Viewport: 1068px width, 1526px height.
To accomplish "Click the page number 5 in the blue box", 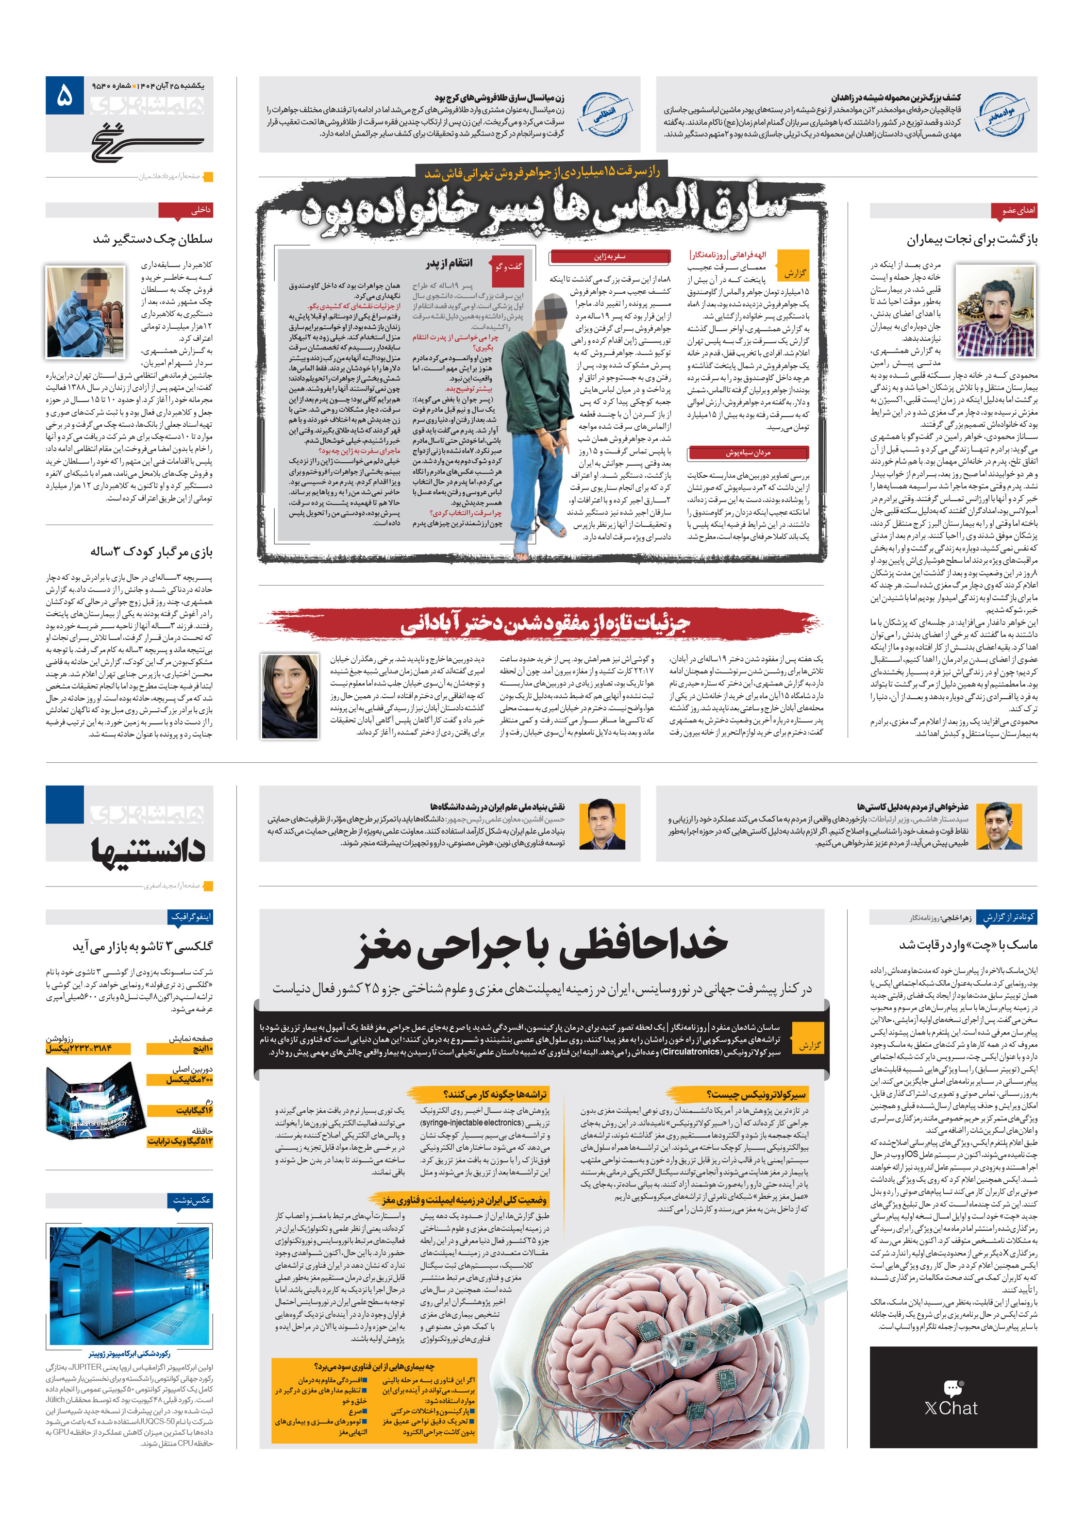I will click(65, 96).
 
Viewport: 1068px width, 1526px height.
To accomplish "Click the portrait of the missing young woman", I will click(290, 696).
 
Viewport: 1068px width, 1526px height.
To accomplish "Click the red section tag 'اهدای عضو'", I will click(1014, 211).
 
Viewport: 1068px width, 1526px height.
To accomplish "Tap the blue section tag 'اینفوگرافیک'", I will click(191, 917).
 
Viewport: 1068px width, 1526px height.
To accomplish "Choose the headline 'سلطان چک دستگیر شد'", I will click(153, 238).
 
